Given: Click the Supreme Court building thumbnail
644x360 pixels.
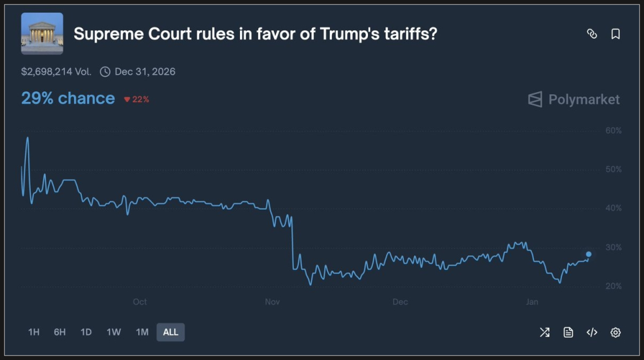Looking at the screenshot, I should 42,33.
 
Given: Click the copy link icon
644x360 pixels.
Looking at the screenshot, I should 591,34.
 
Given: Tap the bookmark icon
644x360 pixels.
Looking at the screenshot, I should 615,34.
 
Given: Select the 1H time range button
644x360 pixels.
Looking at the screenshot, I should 34,332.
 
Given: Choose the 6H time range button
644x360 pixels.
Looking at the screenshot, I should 60,332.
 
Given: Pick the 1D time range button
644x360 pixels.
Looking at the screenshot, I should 86,332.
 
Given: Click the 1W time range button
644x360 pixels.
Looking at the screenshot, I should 113,332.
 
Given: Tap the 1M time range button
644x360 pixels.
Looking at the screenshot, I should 142,332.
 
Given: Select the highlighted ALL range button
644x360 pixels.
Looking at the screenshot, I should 171,332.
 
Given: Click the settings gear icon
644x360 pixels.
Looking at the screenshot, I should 615,332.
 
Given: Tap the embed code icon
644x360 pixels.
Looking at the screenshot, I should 591,332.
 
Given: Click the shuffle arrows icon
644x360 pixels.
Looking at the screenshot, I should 545,332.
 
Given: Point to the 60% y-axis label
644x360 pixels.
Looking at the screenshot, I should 613,131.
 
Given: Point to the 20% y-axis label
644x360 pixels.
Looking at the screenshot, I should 613,286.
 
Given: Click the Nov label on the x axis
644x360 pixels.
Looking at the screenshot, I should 272,302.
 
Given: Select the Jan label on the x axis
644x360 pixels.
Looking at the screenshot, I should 532,302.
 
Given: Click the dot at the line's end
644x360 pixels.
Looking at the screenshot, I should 589,254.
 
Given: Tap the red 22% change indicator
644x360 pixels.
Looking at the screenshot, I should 137,99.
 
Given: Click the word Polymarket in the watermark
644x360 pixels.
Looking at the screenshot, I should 584,100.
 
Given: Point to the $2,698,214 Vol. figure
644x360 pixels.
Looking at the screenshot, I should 56,71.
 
